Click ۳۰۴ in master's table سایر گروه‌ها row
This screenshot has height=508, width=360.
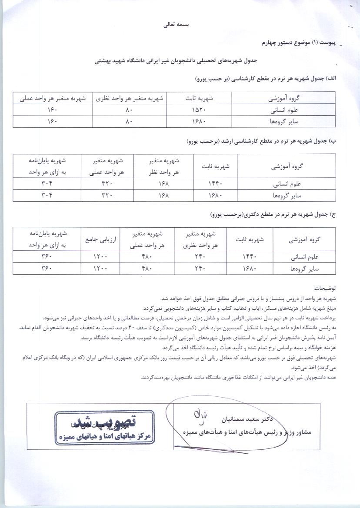coord(47,196)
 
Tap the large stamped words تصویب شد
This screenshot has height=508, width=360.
coord(106,422)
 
